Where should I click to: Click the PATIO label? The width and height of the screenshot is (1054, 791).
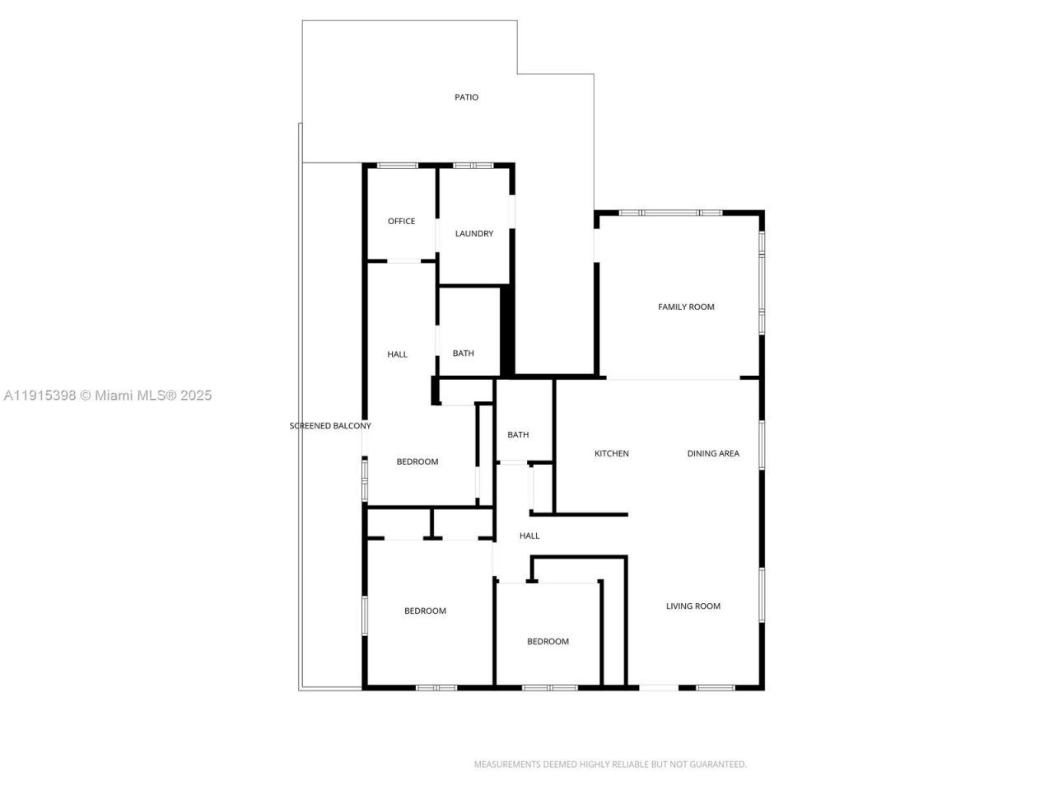[x=466, y=97]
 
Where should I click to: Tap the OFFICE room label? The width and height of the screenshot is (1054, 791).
[x=402, y=221]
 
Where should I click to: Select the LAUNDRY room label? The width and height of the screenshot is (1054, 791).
[x=474, y=234]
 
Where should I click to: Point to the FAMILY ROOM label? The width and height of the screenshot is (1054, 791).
[x=686, y=307]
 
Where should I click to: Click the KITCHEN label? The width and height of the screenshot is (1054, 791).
[x=612, y=454]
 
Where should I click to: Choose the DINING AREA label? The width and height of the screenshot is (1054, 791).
[x=713, y=454]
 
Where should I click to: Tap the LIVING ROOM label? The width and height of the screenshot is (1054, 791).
[x=693, y=606]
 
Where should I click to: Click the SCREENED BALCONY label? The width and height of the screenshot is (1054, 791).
[x=330, y=426]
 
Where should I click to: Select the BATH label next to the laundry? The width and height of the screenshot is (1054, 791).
[x=464, y=353]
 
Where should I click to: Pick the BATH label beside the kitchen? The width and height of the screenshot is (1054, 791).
[x=518, y=435]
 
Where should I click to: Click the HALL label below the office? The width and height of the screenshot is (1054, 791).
[x=398, y=354]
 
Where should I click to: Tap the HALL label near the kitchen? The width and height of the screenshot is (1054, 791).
[x=529, y=536]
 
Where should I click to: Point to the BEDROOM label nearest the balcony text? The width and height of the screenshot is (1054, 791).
[x=417, y=462]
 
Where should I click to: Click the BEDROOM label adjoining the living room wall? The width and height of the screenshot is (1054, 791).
[x=548, y=642]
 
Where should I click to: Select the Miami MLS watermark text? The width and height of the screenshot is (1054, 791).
[x=108, y=395]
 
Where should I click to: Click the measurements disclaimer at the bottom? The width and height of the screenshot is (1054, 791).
[x=610, y=765]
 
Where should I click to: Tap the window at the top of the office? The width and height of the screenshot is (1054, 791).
[x=398, y=166]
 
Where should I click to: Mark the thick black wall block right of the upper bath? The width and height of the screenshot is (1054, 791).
[x=508, y=330]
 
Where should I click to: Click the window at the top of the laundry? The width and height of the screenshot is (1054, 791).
[x=473, y=166]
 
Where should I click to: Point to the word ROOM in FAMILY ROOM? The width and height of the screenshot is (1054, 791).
[x=702, y=307]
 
